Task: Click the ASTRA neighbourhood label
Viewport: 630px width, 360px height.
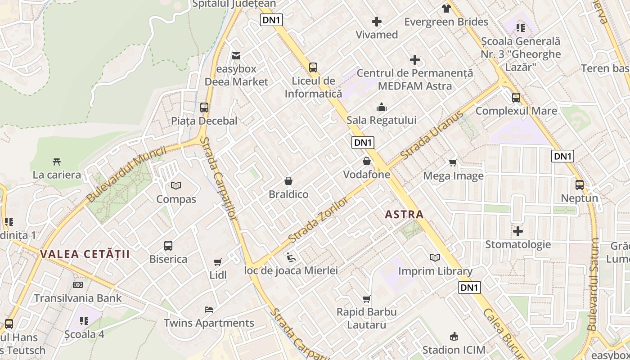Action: (x=405, y=215)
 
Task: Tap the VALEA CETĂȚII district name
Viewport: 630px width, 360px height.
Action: (x=85, y=254)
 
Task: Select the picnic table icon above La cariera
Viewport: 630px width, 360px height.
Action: (x=57, y=162)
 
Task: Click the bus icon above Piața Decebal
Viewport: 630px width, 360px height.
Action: (x=204, y=108)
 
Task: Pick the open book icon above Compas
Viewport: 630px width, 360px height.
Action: (x=176, y=185)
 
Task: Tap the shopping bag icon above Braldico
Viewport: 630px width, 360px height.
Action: (x=288, y=181)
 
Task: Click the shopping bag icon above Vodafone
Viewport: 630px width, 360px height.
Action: (x=367, y=161)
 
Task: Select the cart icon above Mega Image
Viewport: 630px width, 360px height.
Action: (x=453, y=162)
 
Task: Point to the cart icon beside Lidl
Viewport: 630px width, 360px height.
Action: (x=218, y=262)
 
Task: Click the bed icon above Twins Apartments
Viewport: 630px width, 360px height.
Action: (x=209, y=310)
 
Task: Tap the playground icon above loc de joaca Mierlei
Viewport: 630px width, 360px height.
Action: (x=291, y=257)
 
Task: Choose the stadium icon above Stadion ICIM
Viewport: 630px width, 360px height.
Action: (x=454, y=337)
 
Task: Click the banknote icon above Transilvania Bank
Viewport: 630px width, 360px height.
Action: (x=78, y=285)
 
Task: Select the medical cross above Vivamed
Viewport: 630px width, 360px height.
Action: (x=377, y=22)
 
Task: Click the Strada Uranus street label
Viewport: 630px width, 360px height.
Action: (x=432, y=135)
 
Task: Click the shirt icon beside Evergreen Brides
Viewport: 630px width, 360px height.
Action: (x=446, y=8)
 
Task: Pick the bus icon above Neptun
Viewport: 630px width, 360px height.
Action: (x=580, y=184)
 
